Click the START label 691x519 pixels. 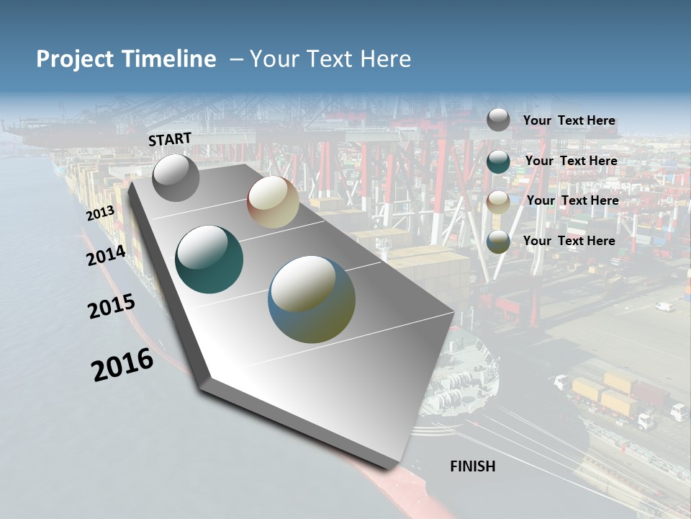coord(170,139)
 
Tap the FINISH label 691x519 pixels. coord(472,466)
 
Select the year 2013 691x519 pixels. coord(100,213)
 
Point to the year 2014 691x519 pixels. coord(106,255)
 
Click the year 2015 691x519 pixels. coord(111,306)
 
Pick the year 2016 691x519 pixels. coord(122,365)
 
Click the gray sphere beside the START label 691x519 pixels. coord(176,178)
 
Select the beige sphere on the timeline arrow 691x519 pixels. coord(273,202)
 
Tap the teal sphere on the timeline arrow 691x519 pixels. coord(209,259)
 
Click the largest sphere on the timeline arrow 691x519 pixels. coord(312,299)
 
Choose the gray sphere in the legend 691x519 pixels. coord(498,120)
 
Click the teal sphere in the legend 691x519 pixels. coord(498,161)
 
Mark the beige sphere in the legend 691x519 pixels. coord(498,202)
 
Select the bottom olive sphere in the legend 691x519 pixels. coord(498,241)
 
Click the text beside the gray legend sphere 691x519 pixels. coord(569,121)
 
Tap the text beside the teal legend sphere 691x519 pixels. coord(571,161)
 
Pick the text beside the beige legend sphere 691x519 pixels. coord(572,200)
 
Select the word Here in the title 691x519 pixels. coord(387,59)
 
